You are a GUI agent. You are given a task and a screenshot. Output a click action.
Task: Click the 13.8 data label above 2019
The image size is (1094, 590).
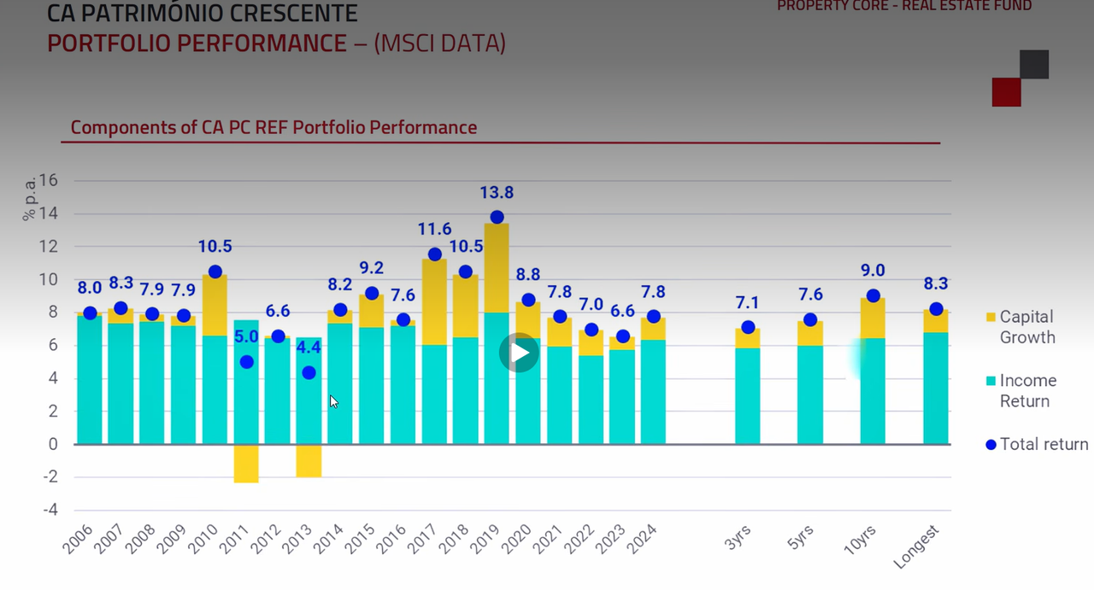click(497, 193)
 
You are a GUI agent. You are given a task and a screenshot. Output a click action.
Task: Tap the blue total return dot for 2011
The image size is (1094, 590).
click(246, 362)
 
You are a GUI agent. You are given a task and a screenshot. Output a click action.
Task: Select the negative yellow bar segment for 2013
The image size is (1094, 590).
click(309, 460)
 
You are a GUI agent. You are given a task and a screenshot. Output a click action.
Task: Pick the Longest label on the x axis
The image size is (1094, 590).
click(918, 546)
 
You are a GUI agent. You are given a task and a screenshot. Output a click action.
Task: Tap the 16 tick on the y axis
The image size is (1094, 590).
click(48, 180)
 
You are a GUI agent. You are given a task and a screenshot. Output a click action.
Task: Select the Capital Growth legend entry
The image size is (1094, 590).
click(1026, 327)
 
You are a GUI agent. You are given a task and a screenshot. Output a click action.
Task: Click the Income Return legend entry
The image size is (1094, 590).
click(1027, 391)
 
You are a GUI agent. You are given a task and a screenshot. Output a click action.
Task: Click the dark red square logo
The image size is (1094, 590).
click(1006, 92)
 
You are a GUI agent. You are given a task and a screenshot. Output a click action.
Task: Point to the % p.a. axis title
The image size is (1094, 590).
click(29, 197)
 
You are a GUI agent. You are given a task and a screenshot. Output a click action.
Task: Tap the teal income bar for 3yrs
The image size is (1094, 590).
click(748, 395)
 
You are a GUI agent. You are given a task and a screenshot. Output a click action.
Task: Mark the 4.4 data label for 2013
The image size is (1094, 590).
click(308, 348)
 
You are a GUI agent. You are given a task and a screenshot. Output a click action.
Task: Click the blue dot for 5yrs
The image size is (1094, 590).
click(810, 320)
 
